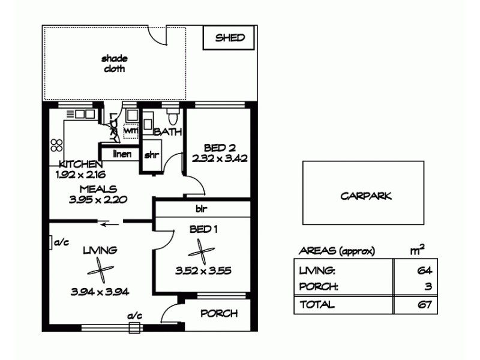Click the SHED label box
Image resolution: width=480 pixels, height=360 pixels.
(x=230, y=38)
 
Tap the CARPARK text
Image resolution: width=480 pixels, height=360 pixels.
(x=365, y=196)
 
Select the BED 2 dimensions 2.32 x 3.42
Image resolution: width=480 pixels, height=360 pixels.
(x=220, y=159)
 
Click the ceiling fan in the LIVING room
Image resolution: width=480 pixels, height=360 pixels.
(x=103, y=272)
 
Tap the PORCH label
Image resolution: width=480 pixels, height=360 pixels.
(x=218, y=313)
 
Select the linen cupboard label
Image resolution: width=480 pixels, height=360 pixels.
(x=122, y=154)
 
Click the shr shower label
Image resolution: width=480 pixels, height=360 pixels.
(x=151, y=155)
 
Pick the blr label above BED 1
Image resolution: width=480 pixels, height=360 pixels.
(x=201, y=209)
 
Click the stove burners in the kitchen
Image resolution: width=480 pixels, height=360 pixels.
(x=56, y=145)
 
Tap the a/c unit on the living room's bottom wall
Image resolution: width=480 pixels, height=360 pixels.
(x=134, y=327)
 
